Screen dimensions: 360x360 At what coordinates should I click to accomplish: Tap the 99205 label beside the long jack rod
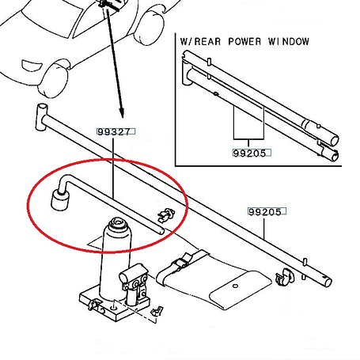pyautogui.click(x=265, y=212)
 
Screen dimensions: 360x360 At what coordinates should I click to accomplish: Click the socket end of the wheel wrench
pyautogui.click(x=60, y=201)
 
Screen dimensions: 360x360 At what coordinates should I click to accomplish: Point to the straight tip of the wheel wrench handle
pyautogui.click(x=162, y=232)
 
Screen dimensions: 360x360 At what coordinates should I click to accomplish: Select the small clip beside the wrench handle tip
pyautogui.click(x=167, y=214)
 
